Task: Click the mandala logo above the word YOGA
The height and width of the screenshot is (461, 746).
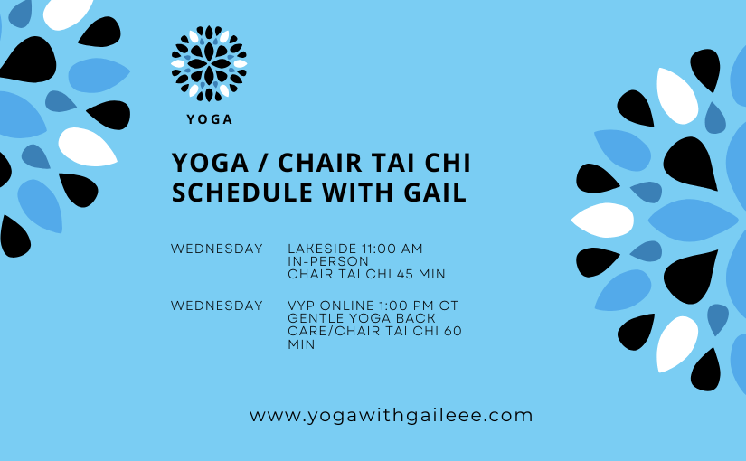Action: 209,63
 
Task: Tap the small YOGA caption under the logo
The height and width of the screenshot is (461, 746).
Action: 209,119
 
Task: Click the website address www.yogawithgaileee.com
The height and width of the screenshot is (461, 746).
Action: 392,416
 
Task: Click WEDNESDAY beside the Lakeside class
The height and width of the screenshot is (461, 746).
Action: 217,249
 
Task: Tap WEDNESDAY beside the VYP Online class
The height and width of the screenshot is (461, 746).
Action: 217,306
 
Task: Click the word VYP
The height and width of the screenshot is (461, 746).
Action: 303,306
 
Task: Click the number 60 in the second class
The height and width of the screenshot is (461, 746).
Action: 452,331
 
